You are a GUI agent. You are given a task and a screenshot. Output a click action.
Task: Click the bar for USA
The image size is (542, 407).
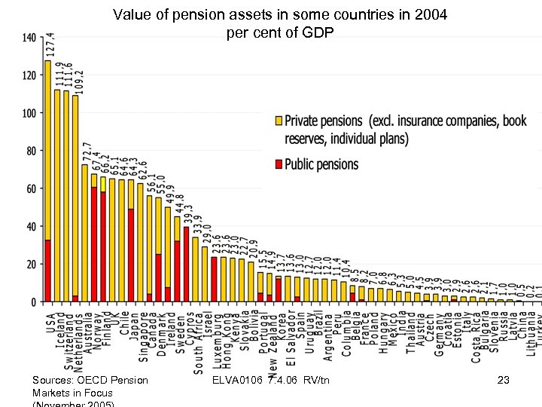(x=47, y=181)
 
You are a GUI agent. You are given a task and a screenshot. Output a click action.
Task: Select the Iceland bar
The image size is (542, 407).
(x=57, y=196)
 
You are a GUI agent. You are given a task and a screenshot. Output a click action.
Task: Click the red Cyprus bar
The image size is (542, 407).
(x=186, y=265)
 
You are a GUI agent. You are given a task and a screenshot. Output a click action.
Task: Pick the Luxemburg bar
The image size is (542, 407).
(x=214, y=280)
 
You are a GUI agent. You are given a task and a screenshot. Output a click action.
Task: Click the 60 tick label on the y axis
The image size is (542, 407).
(x=31, y=188)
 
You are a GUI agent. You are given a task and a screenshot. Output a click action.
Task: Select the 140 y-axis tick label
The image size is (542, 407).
(x=29, y=38)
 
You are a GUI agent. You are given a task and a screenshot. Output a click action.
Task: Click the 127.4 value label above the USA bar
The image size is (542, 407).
(x=50, y=44)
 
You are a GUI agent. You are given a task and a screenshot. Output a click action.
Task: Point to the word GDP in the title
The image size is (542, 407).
(x=318, y=34)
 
